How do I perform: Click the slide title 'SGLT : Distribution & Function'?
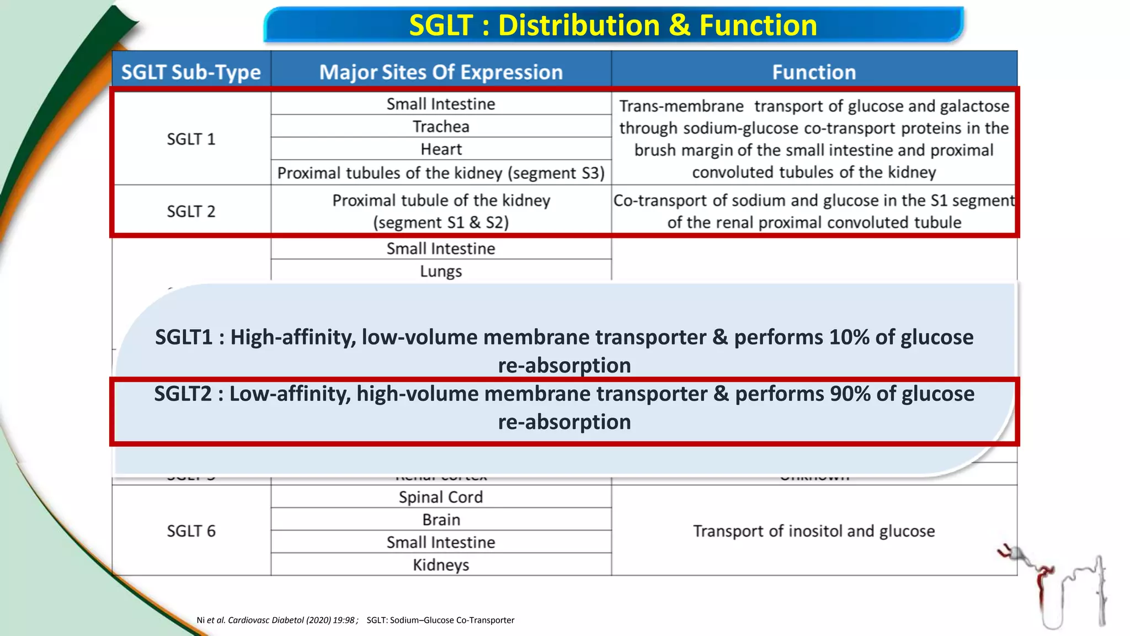[613, 25]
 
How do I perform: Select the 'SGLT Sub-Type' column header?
[191, 72]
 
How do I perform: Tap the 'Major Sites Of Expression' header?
[441, 72]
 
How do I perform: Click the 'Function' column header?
[814, 72]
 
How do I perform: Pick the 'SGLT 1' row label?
[191, 139]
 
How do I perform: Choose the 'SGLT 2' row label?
[191, 211]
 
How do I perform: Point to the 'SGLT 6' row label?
[191, 531]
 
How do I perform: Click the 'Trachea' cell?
[441, 126]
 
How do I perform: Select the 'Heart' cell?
[441, 149]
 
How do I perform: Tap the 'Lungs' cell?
[441, 271]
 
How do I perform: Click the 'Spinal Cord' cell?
[441, 497]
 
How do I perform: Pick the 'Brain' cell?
[441, 520]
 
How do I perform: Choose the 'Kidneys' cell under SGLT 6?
[441, 565]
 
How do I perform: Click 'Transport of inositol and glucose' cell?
[814, 531]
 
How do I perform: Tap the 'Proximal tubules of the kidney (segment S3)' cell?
[441, 173]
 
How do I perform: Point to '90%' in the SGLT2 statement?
[850, 394]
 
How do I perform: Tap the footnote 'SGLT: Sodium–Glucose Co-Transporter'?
[440, 620]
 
